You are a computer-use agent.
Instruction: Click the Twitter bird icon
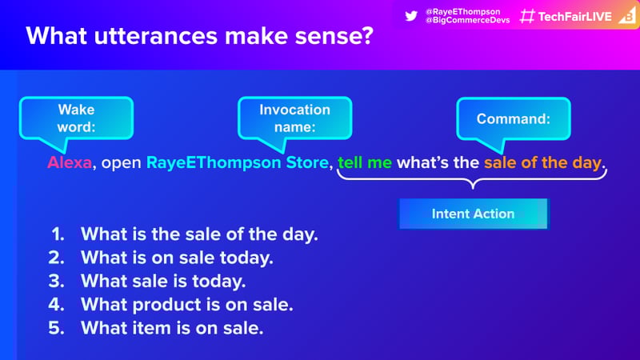411,16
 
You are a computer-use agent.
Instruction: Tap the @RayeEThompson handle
463,11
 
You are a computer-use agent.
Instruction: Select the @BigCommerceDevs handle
468,20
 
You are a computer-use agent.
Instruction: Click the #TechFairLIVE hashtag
566,16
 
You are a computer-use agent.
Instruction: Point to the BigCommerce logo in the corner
628,16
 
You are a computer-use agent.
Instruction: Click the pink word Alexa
70,162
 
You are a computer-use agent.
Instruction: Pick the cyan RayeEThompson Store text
238,162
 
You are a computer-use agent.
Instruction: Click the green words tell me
365,162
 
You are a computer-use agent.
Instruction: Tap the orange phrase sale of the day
543,162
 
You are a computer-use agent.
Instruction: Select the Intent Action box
474,214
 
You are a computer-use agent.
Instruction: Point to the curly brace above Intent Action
473,178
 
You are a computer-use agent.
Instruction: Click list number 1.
58,234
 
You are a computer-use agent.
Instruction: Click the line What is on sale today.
177,258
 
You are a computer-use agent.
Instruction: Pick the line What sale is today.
163,282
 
